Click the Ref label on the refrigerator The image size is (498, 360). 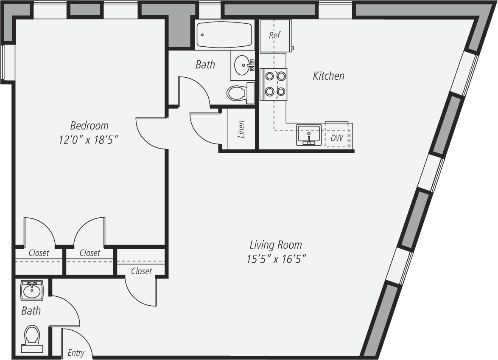[274, 35]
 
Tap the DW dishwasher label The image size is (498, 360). [337, 138]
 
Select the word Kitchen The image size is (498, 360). [328, 76]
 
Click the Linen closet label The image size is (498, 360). [241, 129]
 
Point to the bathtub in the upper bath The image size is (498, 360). [224, 35]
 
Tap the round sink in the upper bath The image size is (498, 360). [244, 65]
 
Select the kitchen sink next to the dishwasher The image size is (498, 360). [309, 135]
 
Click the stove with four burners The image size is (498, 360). [274, 84]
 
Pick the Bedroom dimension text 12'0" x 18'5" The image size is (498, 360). [89, 140]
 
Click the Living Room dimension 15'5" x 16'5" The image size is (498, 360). [276, 259]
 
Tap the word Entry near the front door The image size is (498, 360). [76, 353]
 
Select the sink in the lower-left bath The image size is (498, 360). [32, 290]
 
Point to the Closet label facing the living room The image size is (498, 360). [141, 271]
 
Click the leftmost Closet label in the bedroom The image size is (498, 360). [39, 253]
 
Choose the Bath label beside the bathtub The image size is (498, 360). [205, 65]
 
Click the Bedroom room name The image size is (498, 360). [89, 126]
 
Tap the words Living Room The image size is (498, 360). [276, 245]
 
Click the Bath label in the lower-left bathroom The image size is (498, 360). [31, 310]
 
